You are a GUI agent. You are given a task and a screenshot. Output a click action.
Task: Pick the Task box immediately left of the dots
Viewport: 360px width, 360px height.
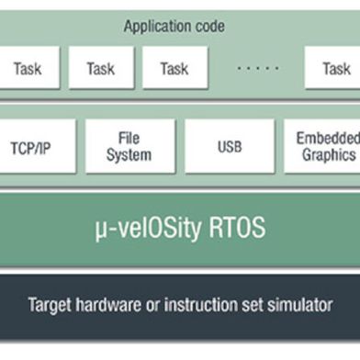click(174, 68)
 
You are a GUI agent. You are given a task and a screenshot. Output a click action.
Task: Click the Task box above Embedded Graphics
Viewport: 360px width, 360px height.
click(334, 68)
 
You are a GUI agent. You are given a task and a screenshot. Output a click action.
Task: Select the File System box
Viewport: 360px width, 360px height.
click(129, 146)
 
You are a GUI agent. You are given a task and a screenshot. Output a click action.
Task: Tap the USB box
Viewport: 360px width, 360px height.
click(229, 146)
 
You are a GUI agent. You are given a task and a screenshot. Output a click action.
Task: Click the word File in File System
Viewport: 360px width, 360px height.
click(129, 138)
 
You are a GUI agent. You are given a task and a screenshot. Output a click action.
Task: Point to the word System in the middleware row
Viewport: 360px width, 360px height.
click(129, 155)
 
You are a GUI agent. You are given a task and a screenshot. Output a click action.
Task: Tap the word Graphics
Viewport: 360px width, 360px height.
click(329, 155)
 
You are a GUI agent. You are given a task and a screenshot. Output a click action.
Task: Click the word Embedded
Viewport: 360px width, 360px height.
click(328, 138)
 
